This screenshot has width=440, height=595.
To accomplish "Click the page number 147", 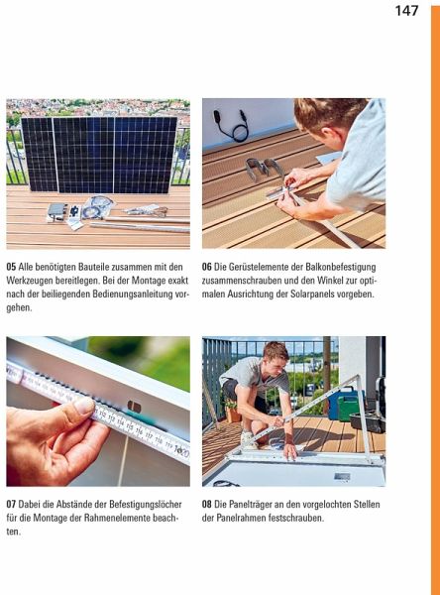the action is (x=406, y=11).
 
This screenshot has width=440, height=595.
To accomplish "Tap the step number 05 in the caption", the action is (x=11, y=267).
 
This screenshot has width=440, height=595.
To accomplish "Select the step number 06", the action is (x=207, y=267).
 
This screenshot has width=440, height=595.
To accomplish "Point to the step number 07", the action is (x=11, y=505).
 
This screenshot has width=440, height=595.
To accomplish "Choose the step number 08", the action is (x=207, y=505).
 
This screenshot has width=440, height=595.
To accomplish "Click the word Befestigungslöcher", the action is (x=146, y=505).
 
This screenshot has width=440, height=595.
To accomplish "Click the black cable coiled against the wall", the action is (x=233, y=126).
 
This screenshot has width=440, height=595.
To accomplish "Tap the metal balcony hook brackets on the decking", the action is (x=263, y=169).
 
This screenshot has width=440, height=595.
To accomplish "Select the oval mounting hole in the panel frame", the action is (x=134, y=407).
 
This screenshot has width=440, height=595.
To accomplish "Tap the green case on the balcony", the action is (x=347, y=408).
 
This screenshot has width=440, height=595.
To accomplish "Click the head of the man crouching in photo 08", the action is (x=275, y=356).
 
